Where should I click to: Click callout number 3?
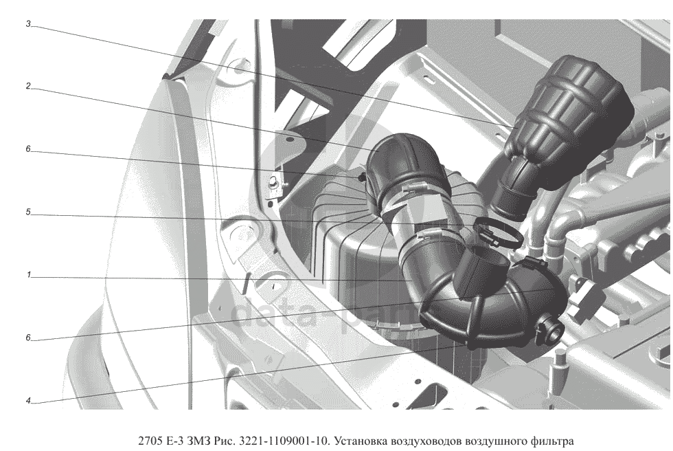28,24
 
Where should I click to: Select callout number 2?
28,87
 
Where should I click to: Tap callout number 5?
28,212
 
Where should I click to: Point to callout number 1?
28,275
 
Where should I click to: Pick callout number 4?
28,401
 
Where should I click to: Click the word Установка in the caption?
360,441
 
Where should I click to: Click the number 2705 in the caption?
150,441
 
